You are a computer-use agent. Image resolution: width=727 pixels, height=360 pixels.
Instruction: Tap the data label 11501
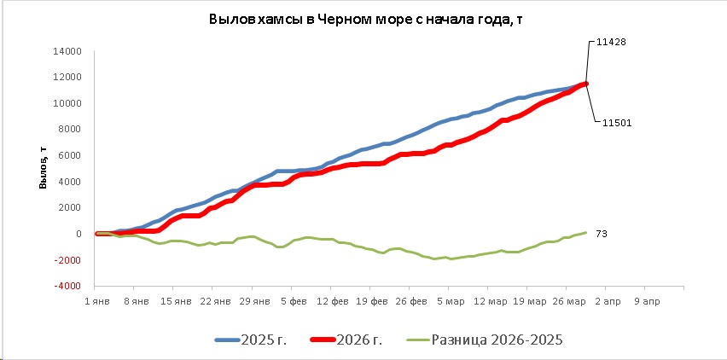pyautogui.click(x=615, y=123)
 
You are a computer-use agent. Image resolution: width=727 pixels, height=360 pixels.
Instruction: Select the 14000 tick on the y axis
pyautogui.click(x=67, y=51)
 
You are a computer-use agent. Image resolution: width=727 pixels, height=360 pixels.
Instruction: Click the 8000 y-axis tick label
pyautogui.click(x=70, y=130)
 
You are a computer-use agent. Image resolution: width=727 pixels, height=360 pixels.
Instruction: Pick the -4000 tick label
pyautogui.click(x=67, y=287)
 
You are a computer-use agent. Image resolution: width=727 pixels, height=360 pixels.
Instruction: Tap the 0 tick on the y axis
pyautogui.click(x=78, y=234)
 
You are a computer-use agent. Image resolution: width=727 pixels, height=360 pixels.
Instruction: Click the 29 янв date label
pyautogui.click(x=253, y=301)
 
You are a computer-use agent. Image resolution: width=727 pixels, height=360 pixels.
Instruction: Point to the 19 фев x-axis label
pyautogui.click(x=371, y=301)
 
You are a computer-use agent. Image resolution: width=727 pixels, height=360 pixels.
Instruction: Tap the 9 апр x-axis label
pyautogui.click(x=646, y=301)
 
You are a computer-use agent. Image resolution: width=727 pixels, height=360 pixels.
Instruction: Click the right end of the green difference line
pyautogui.click(x=586, y=233)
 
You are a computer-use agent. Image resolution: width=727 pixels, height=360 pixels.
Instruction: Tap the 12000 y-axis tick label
pyautogui.click(x=67, y=78)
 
